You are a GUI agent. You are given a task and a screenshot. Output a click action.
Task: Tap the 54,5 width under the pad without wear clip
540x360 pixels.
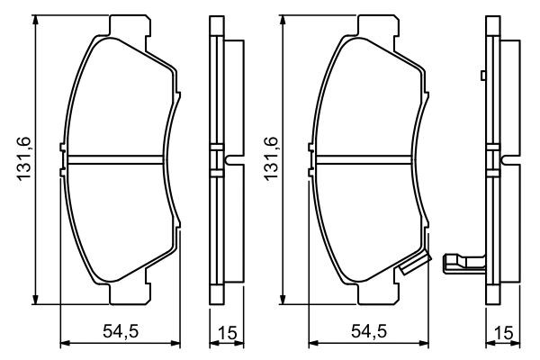coord(120,331)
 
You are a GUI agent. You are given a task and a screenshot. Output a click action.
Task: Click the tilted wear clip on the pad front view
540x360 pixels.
coord(415,264)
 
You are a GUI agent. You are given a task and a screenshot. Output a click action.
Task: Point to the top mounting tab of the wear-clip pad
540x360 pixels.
coord(371,26)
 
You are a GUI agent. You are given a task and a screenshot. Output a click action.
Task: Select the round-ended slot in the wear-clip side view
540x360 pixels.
coord(509,161)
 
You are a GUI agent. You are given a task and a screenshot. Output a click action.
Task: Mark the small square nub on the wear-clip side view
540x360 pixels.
coord(483,76)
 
